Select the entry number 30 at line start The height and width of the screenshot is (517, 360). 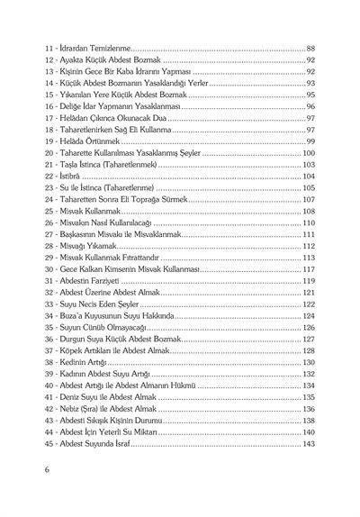[x=49, y=269]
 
